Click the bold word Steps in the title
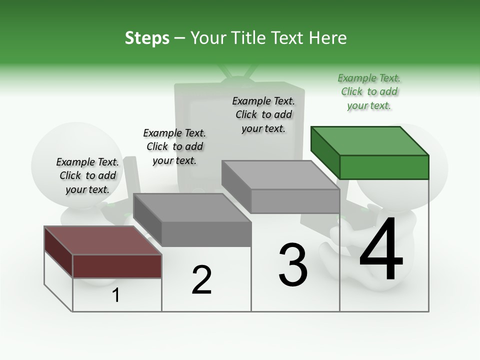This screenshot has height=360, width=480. pyautogui.click(x=147, y=38)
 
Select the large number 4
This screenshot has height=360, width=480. pyautogui.click(x=381, y=250)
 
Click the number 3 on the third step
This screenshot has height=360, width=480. pyautogui.click(x=293, y=265)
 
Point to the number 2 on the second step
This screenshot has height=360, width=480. pyautogui.click(x=202, y=280)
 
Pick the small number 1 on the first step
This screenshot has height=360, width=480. pyautogui.click(x=116, y=295)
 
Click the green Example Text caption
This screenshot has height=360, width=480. pyautogui.click(x=369, y=92)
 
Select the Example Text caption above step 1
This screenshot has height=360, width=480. pyautogui.click(x=87, y=176)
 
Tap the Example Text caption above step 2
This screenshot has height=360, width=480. pyautogui.click(x=174, y=146)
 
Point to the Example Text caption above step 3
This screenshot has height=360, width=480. pyautogui.click(x=263, y=114)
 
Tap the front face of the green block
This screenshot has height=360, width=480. pyautogui.click(x=384, y=167)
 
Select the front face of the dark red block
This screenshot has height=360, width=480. pyautogui.click(x=117, y=266)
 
